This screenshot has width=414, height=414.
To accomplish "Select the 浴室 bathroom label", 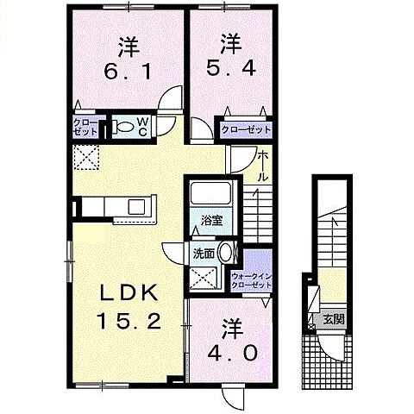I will coord(212,220).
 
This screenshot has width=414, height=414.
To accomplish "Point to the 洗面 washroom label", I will coord(204,254).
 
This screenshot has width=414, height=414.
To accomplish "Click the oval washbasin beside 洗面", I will coord(226,254).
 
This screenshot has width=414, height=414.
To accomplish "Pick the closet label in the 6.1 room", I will coord(85,128).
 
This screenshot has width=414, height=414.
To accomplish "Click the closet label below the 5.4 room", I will coord(246,130).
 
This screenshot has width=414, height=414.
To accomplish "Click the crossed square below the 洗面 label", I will coord(205,277).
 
